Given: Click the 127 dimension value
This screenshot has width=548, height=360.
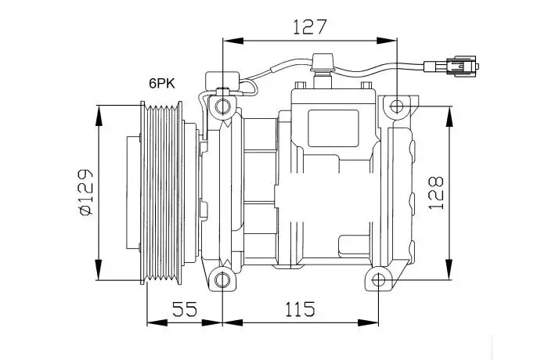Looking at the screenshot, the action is pos(310,27).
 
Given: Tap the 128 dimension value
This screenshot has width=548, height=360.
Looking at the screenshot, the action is pos(436,193).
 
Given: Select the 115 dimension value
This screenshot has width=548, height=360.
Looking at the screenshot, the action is pos(300,309).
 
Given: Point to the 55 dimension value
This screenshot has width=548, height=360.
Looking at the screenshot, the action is pos(185,309).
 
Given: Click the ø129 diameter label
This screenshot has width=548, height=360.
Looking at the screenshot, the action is pos(85,193).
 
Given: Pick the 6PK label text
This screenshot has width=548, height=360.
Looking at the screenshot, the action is pos(162,84).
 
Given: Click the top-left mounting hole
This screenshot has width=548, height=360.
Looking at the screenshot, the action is pos(222,106).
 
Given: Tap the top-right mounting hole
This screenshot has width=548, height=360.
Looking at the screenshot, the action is pos(397,106).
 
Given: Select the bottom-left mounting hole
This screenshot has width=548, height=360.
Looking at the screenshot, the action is pos(222,280).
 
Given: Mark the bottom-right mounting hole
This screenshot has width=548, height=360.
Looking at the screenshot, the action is pos(378,280).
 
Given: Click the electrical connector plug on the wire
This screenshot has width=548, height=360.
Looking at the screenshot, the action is pos(452,66).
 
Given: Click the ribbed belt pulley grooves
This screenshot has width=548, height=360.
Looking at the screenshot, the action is pos(162,193).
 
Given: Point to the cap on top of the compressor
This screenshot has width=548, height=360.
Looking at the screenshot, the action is pos(323,62).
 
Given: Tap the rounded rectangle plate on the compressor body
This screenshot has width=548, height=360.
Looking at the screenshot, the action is pos(333,128).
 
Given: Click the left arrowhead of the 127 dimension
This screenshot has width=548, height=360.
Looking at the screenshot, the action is pos(233,41).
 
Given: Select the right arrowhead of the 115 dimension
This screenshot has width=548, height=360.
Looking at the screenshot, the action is pos(369,322).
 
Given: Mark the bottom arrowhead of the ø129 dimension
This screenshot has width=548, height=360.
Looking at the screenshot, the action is pos(99,269).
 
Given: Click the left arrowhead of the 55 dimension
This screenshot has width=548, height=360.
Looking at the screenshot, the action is pos(157,322).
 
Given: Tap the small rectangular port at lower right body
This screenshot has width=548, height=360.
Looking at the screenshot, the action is pos(354,247).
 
